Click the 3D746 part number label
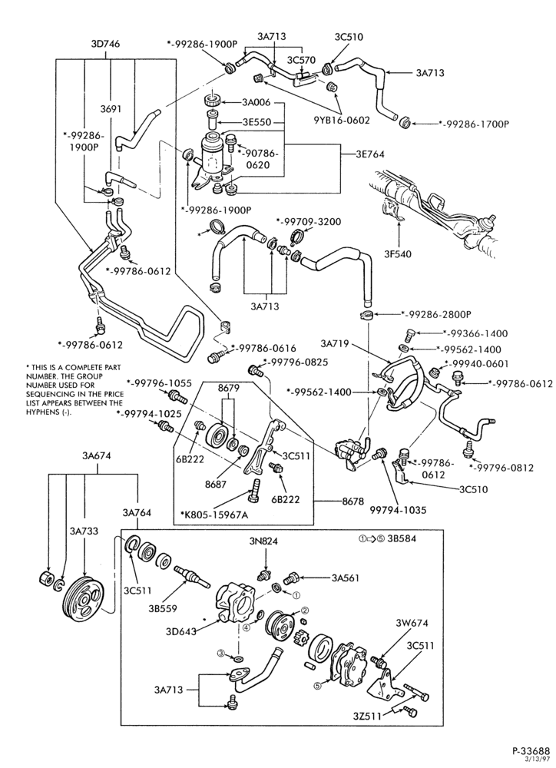tap(105, 44)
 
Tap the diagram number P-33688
tap(531, 751)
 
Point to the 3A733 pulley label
tap(84, 531)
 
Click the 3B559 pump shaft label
tap(163, 609)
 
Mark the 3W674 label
tap(412, 623)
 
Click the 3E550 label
tap(256, 122)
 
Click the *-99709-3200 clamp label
tap(309, 221)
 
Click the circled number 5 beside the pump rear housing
tap(317, 685)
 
